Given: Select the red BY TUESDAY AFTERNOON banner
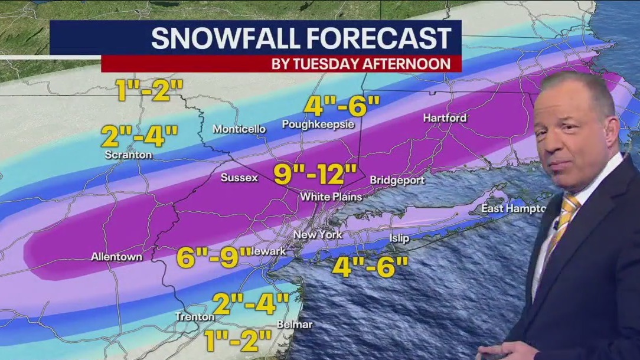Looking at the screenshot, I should click(281, 64).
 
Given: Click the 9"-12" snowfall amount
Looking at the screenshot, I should click(315, 175).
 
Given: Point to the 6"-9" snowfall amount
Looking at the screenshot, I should click(214, 257).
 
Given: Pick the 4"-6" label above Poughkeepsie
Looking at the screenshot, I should click(342, 107).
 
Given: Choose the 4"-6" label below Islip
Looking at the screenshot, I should click(370, 266).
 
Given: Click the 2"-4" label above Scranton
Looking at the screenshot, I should click(139, 137).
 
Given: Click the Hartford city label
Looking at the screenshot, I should click(445, 118).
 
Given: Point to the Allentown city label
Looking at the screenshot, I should click(116, 257).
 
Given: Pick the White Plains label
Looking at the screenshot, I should click(331, 197).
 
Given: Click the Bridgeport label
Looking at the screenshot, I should click(393, 179).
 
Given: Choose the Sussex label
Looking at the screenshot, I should click(239, 178).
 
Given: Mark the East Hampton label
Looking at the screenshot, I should click(511, 208).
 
